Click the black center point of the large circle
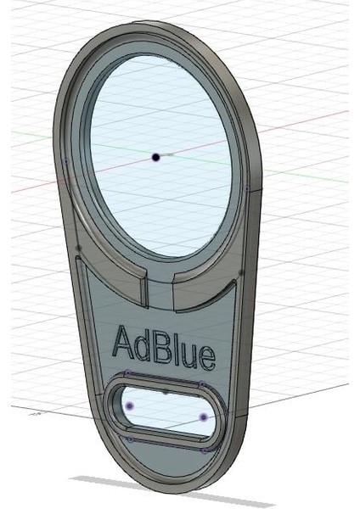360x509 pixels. (155, 157)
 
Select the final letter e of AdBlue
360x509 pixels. (205, 357)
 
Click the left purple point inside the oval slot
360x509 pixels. (130, 407)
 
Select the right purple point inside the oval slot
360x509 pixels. (204, 417)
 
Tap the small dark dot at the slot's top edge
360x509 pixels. (166, 394)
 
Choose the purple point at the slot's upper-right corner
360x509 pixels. (200, 384)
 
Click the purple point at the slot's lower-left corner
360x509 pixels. (128, 439)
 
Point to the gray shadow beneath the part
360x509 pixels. (170, 489)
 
